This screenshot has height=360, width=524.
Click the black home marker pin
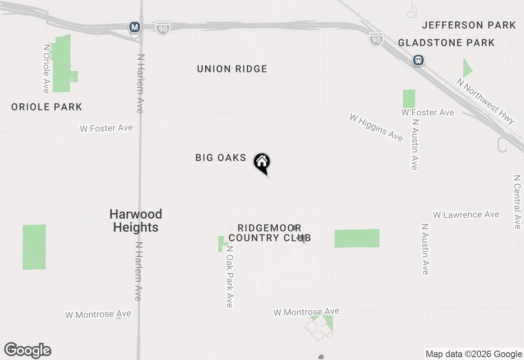(262, 163)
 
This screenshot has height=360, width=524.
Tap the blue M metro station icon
(134, 27)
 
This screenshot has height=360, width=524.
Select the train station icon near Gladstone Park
(418, 61)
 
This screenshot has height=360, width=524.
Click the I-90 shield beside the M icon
(163, 28)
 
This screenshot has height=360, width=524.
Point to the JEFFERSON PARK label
(469, 25)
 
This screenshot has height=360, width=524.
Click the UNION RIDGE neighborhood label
(232, 69)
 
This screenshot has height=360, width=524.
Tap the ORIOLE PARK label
(47, 107)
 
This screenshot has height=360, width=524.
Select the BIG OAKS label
(221, 158)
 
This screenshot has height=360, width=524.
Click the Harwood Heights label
(136, 220)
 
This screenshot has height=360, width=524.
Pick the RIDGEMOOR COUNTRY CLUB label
(269, 233)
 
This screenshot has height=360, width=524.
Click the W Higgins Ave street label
(376, 128)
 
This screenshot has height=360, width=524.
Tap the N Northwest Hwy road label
(486, 101)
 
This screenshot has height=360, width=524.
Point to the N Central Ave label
(517, 202)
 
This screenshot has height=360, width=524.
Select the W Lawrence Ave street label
(466, 215)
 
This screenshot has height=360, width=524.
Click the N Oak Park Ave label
(229, 277)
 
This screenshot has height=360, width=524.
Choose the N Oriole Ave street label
(46, 69)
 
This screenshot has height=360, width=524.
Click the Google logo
(28, 351)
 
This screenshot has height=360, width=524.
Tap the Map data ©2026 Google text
(474, 354)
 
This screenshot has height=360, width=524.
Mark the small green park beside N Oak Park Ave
(221, 243)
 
